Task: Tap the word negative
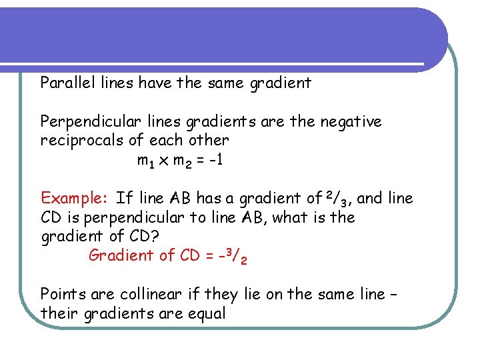(351, 121)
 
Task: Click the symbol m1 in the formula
(145, 161)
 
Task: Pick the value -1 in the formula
(217, 160)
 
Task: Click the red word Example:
(74, 198)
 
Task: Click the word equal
(207, 313)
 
